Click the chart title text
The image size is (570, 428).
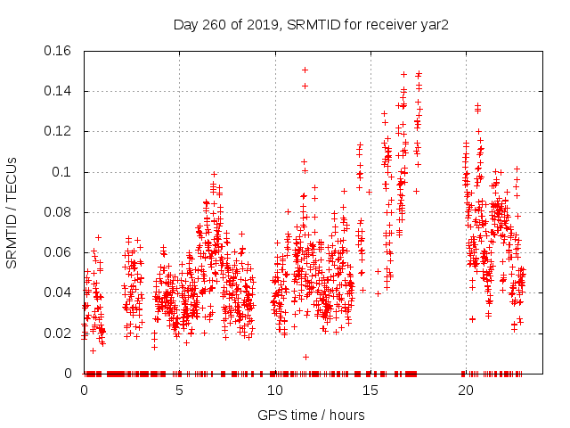pos(311,25)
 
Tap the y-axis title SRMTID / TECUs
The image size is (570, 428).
pos(12,212)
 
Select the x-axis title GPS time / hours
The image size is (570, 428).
pos(311,416)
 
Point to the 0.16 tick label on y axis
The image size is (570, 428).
pos(60,51)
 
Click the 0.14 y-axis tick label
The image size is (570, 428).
pos(60,91)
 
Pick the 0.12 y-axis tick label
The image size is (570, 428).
pos(60,131)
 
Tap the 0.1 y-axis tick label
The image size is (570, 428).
pos(64,172)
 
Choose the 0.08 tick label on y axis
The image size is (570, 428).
pos(60,212)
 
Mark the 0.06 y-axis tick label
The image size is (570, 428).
pos(60,252)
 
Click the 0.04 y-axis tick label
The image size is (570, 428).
pos(60,292)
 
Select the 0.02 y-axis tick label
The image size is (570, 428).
pos(60,333)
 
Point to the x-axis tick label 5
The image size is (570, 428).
pos(180,391)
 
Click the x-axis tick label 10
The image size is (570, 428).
pos(274,391)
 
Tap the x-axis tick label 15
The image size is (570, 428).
pos(370,391)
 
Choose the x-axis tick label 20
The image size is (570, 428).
pos(465,391)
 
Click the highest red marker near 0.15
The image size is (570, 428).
pos(305,70)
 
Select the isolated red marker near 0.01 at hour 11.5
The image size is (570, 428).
pos(305,357)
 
